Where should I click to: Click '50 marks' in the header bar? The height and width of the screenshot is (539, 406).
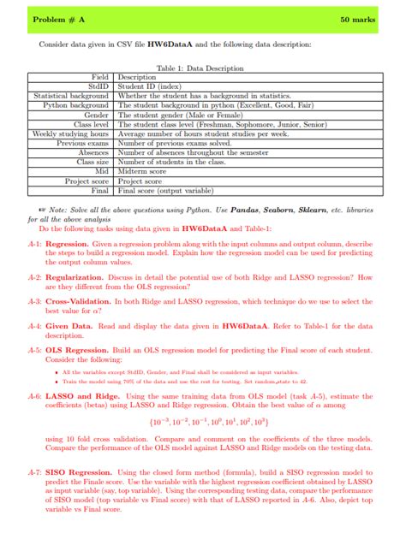357,19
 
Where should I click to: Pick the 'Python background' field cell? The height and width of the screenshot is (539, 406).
76,104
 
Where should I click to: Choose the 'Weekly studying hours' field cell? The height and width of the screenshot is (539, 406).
70,133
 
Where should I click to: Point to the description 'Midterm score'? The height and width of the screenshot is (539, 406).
140,171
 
